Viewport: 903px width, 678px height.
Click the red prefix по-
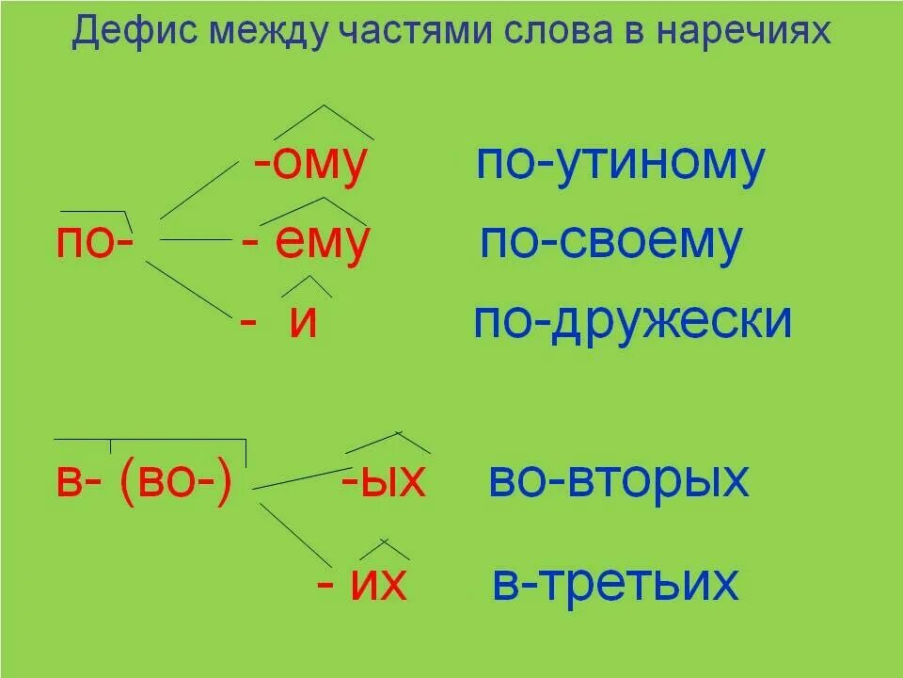tap(95, 242)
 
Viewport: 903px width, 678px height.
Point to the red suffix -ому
tap(309, 166)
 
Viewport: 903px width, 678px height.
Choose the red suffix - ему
tap(306, 242)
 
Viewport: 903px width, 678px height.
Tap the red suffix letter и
tap(302, 322)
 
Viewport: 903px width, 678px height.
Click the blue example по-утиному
tap(620, 164)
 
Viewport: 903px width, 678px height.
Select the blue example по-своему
tap(611, 242)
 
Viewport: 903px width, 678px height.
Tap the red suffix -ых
tap(384, 482)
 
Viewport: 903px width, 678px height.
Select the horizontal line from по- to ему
tap(198, 241)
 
